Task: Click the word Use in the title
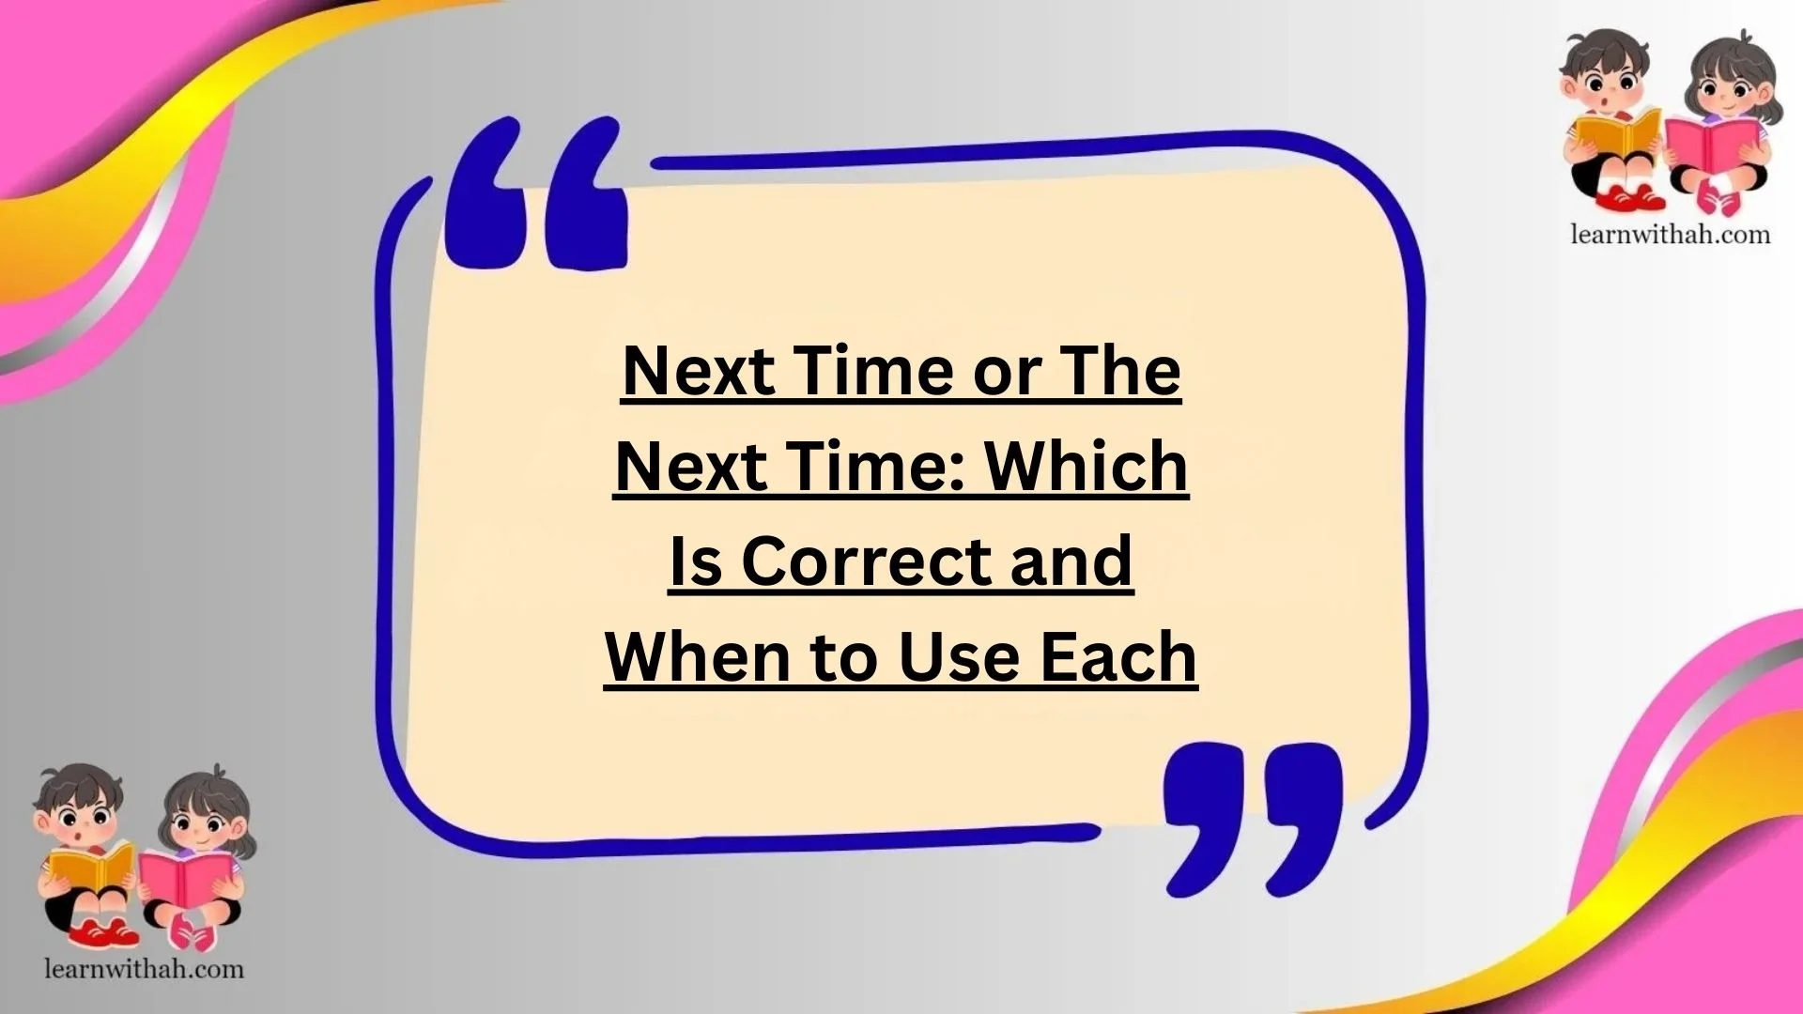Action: click(959, 657)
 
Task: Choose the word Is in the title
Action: click(695, 561)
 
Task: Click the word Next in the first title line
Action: click(698, 371)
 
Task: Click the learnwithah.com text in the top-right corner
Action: click(1670, 234)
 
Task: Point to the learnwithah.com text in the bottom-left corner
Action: click(144, 968)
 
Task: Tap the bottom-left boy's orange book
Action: click(90, 867)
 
